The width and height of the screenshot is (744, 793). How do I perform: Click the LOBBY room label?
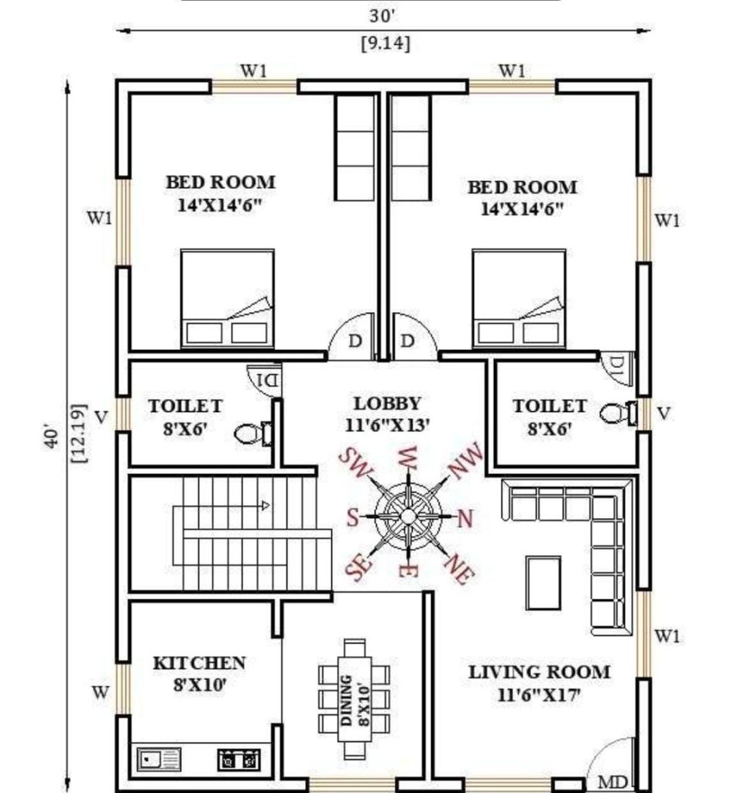(x=387, y=403)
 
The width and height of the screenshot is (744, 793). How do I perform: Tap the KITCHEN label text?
(x=200, y=663)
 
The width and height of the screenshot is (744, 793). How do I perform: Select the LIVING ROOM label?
(x=540, y=672)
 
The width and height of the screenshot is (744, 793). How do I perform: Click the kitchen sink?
(x=159, y=760)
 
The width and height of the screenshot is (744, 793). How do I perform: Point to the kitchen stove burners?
(x=238, y=760)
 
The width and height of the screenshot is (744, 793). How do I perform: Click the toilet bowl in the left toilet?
(x=252, y=434)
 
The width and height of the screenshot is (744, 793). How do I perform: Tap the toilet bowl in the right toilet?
(x=619, y=414)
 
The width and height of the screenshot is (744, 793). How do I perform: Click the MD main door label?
(x=612, y=782)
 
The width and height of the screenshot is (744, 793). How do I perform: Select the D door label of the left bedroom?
(x=355, y=342)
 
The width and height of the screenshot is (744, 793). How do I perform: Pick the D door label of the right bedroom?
(x=407, y=342)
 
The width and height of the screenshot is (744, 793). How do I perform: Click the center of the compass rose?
(x=407, y=517)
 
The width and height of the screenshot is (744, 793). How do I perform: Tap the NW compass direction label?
(x=466, y=461)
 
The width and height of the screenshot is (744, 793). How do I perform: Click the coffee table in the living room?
(x=543, y=583)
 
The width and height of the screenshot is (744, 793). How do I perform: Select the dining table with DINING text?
(x=355, y=699)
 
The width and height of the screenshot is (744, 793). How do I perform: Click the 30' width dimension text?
(x=382, y=16)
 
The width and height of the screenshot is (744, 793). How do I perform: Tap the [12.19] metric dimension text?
(x=79, y=434)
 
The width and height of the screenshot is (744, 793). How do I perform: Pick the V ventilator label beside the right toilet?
(x=663, y=414)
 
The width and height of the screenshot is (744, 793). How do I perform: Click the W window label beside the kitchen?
(x=100, y=692)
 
